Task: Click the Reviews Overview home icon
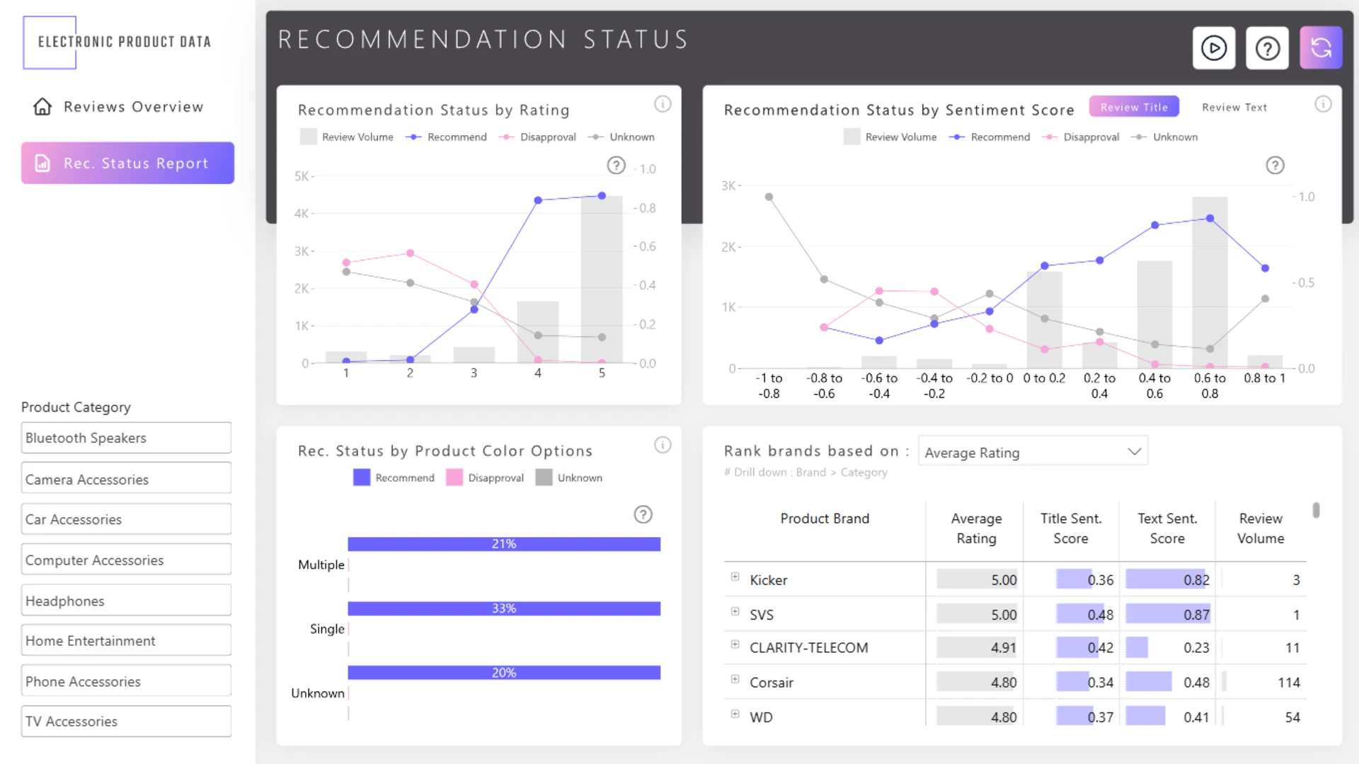coord(42,107)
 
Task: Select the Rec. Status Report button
coord(127,163)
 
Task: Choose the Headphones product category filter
coord(126,601)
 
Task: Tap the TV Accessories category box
coord(126,721)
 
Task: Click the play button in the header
coord(1213,48)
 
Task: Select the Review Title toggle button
coord(1134,107)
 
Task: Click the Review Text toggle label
coord(1234,108)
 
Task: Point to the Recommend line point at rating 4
coord(538,200)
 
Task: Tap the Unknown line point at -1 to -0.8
coord(769,197)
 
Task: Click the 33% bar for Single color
coord(504,608)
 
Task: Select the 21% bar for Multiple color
coord(504,544)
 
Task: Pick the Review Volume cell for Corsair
coord(1288,683)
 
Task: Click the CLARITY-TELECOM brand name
coord(808,648)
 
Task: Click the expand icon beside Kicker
coord(735,577)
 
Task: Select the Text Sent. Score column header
coord(1167,528)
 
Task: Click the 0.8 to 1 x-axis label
coord(1264,378)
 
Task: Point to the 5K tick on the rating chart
coord(302,176)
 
